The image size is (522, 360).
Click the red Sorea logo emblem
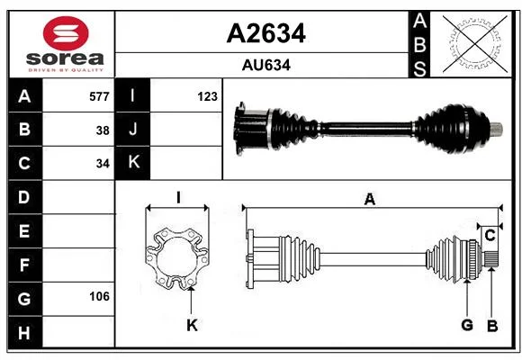coord(66,33)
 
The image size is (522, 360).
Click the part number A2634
coord(266,33)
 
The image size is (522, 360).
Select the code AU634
coord(266,65)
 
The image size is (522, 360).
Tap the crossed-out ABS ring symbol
coord(475,43)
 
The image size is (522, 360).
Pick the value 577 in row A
coord(99,96)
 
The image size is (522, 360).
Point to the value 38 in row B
coord(103,130)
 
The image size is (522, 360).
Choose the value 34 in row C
coord(103,164)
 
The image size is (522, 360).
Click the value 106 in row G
coord(99,296)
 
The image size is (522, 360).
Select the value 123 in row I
coord(207,96)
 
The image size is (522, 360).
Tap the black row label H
coord(25,332)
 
